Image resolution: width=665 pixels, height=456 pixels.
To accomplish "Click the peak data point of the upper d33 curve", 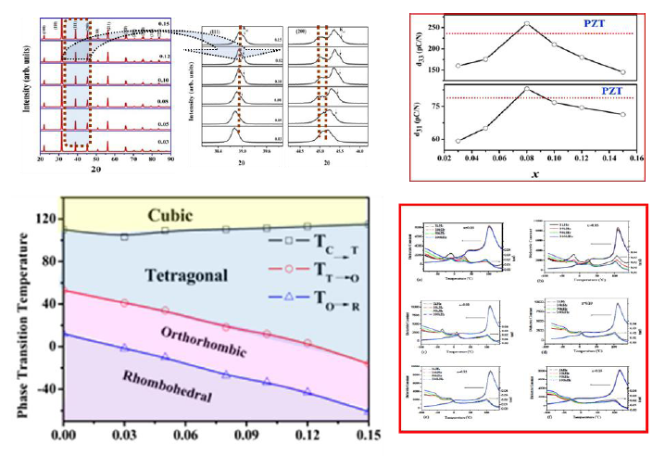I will tap(526, 24).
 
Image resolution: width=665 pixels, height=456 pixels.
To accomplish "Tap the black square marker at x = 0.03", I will tap(124, 236).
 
